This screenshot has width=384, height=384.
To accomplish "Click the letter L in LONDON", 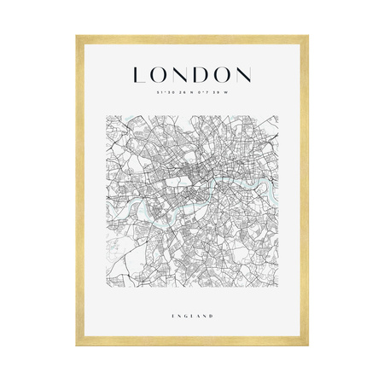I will point(139,74).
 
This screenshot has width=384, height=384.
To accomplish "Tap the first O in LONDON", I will point(160,74).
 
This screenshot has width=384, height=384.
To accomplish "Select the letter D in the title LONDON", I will point(203,74).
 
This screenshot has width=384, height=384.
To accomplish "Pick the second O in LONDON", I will point(223,74).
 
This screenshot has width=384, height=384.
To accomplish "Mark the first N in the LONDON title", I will point(182,74).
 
